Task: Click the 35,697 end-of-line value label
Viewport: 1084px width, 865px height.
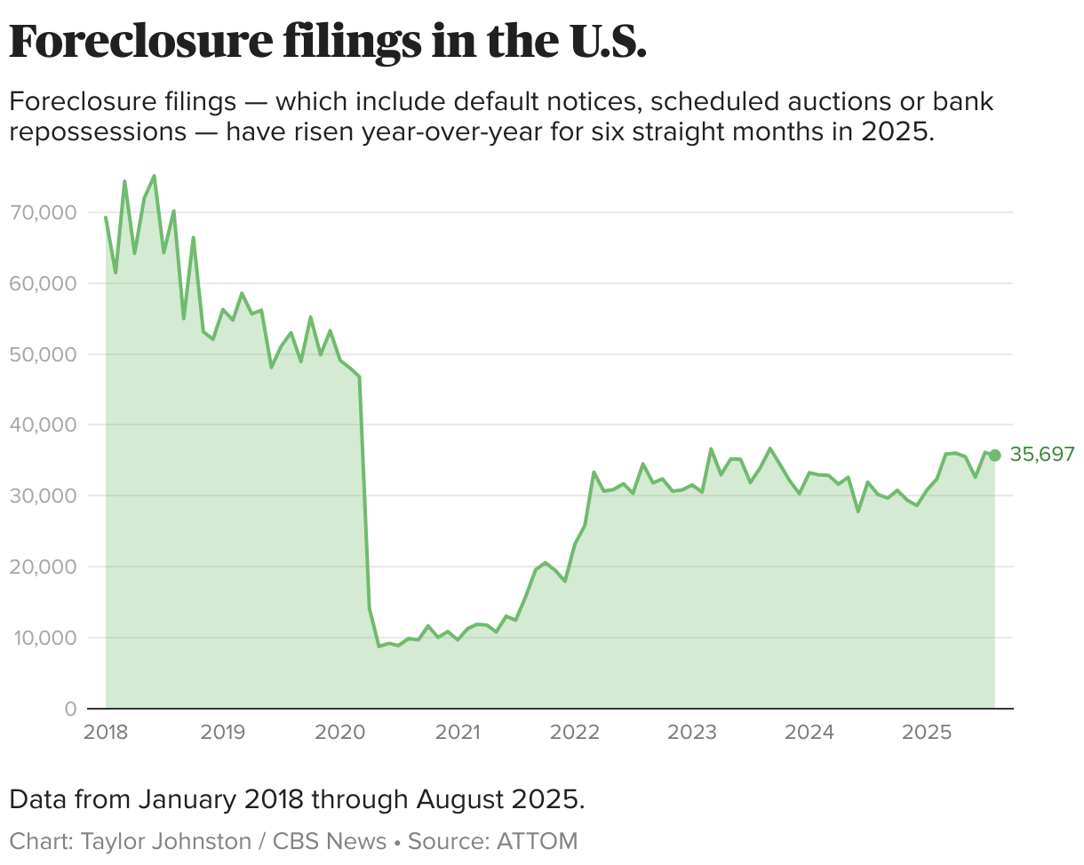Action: pyautogui.click(x=1042, y=455)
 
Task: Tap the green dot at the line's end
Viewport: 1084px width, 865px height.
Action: pyautogui.click(x=994, y=455)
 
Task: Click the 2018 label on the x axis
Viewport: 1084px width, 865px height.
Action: pyautogui.click(x=106, y=733)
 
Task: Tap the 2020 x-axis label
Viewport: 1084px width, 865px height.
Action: pyautogui.click(x=340, y=733)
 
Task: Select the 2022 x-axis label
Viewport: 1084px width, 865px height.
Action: pyautogui.click(x=575, y=733)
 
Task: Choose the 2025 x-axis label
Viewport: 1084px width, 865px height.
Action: pyautogui.click(x=927, y=733)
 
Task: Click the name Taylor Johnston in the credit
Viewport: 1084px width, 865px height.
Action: pyautogui.click(x=166, y=840)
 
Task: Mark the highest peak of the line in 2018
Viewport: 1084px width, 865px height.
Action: pyautogui.click(x=154, y=176)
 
